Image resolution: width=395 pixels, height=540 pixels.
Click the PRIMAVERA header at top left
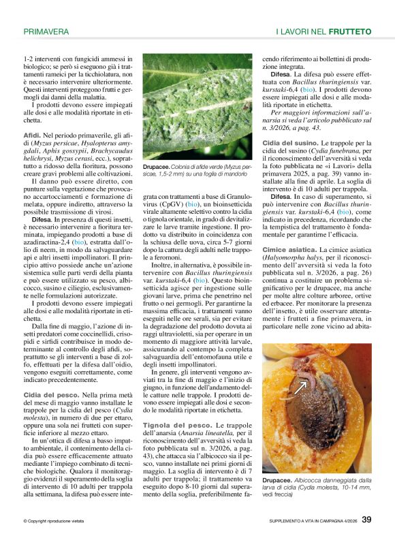46,31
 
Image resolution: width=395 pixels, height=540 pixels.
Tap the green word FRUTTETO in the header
349,31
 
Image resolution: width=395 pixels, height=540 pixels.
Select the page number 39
366,521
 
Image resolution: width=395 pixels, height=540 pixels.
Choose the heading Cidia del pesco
50,395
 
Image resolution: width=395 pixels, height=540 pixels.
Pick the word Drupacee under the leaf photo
159,167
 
